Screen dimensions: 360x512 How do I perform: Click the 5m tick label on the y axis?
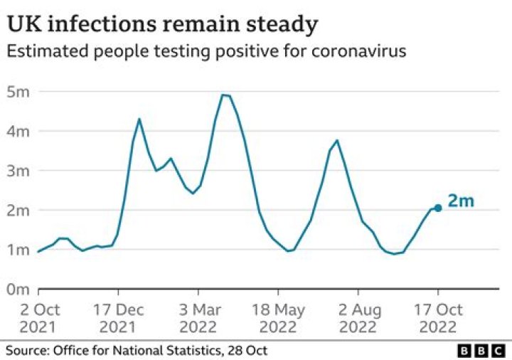click(18, 92)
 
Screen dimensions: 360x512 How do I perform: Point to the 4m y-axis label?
click(18, 132)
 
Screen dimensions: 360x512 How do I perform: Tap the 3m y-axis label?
click(18, 171)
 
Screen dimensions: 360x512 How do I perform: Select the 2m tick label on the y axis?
click(18, 211)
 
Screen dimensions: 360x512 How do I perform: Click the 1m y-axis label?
click(18, 250)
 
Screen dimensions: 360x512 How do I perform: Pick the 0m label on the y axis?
click(18, 290)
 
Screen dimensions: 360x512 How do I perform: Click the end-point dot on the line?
click(438, 208)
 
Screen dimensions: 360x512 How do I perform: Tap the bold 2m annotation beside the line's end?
click(461, 201)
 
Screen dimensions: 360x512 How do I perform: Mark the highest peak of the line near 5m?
click(224, 95)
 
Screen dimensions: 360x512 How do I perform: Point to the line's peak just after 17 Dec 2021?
click(139, 119)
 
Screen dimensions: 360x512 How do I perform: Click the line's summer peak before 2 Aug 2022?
click(337, 140)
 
